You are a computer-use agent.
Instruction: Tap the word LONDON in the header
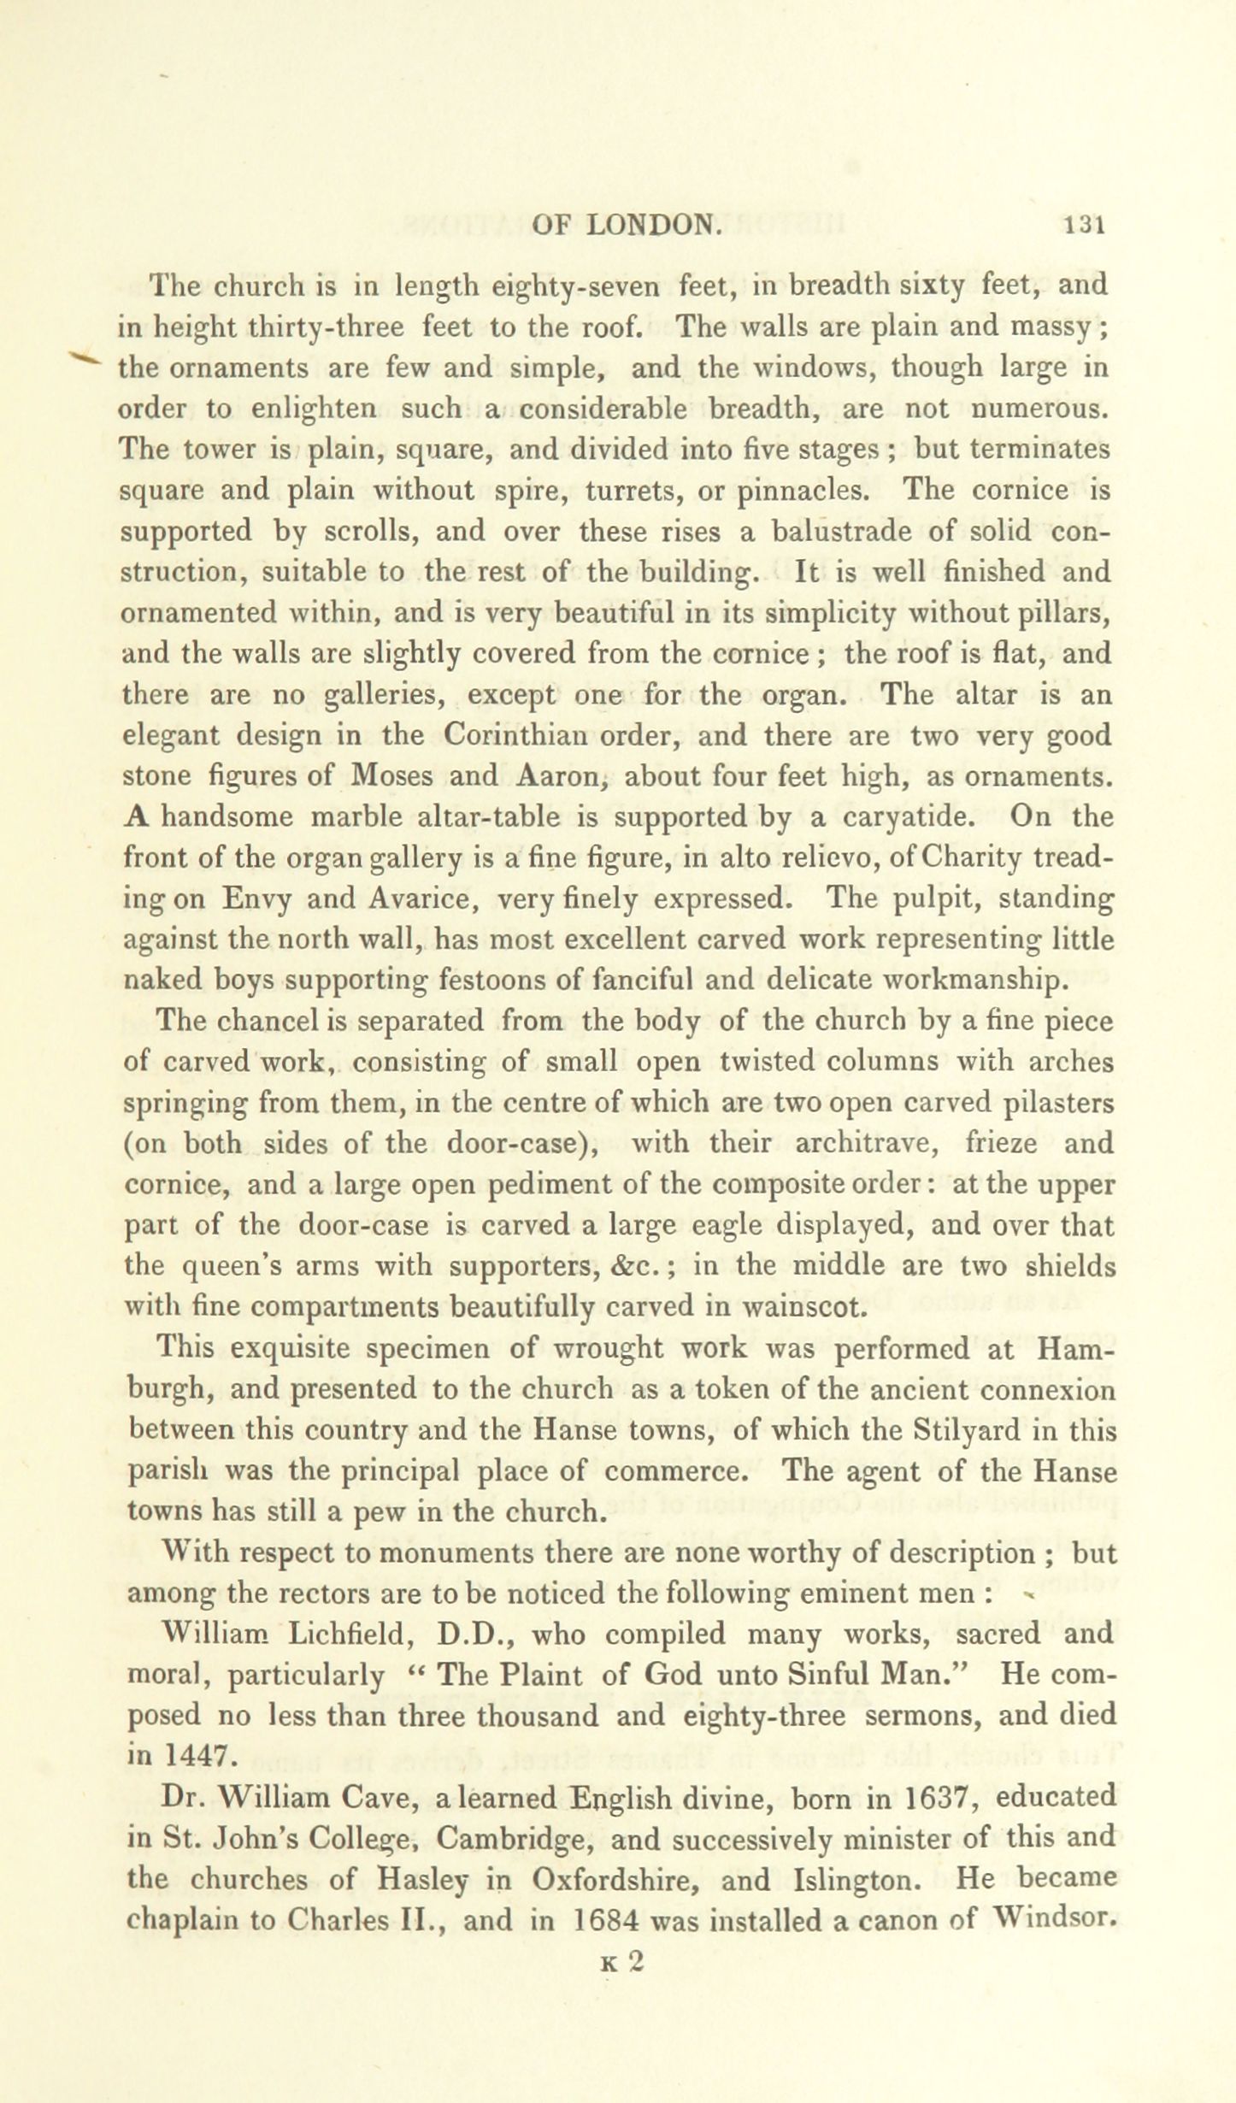pyautogui.click(x=655, y=225)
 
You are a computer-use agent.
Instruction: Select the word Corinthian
pyautogui.click(x=516, y=736)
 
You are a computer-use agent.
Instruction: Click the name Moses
pyautogui.click(x=394, y=777)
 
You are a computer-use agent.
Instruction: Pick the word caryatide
pyautogui.click(x=909, y=818)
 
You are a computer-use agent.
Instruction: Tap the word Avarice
pyautogui.click(x=413, y=899)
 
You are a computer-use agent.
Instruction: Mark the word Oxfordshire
pyautogui.click(x=615, y=1879)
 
